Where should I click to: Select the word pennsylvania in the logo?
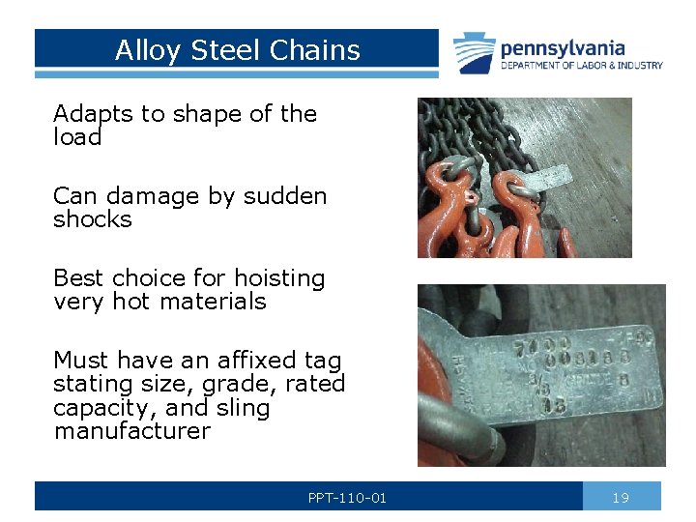562,48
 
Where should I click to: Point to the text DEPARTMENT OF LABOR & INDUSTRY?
581,66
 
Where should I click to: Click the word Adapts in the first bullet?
93,114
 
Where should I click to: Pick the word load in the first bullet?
77,137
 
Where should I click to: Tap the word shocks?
92,219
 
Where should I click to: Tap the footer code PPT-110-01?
347,498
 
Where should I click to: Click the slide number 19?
621,498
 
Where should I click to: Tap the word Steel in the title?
221,50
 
